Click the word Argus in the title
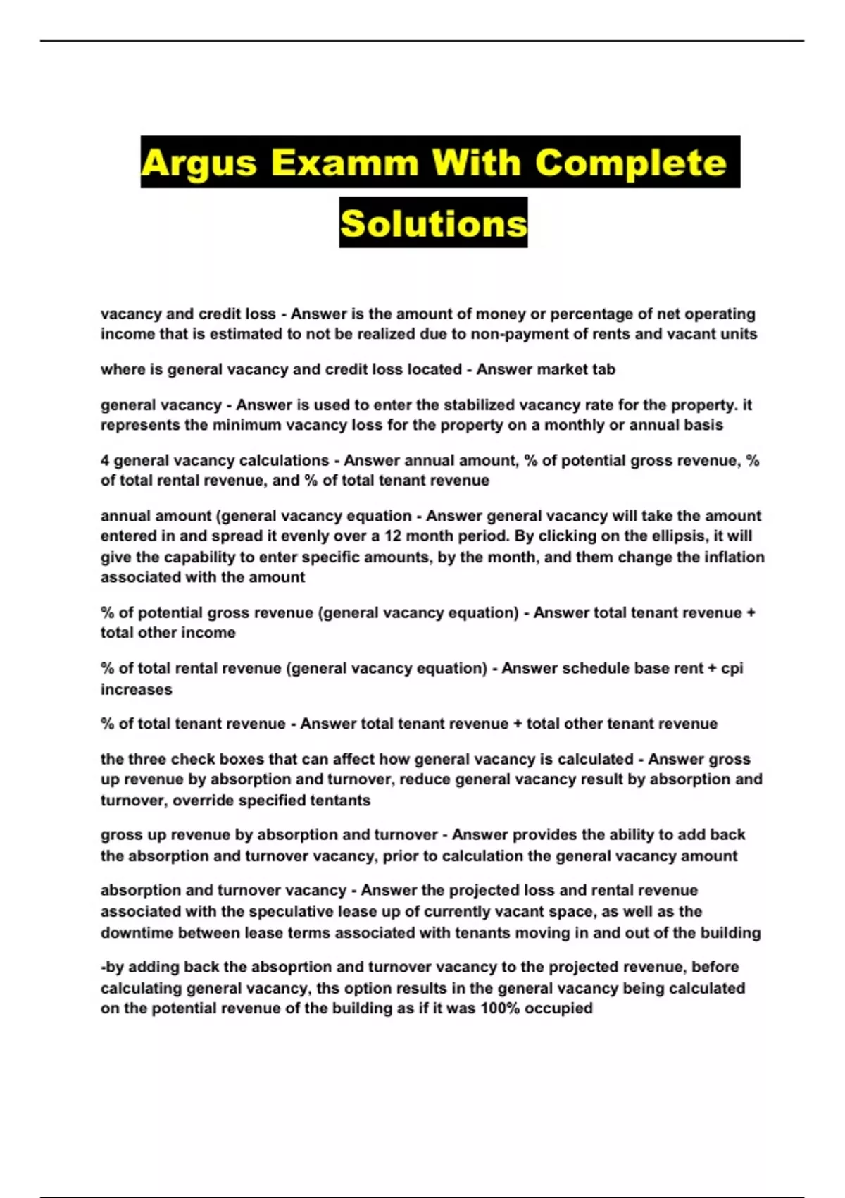click(199, 163)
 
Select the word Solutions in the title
click(433, 224)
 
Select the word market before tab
click(565, 369)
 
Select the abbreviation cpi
click(732, 668)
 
